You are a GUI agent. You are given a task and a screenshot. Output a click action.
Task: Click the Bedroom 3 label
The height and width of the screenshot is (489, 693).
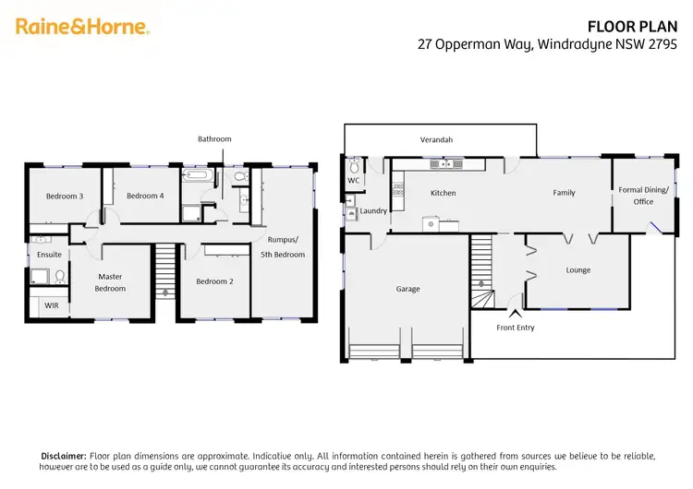(65, 196)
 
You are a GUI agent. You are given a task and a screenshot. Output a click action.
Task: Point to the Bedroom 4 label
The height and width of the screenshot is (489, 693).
(145, 196)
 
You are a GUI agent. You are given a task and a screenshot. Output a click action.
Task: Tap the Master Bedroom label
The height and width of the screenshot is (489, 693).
(109, 282)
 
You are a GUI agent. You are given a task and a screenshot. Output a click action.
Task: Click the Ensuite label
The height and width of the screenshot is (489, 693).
(50, 254)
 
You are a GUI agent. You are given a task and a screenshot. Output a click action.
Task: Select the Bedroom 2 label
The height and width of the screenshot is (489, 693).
(213, 281)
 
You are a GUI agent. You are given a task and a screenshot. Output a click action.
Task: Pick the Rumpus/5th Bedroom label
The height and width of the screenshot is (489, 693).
(280, 248)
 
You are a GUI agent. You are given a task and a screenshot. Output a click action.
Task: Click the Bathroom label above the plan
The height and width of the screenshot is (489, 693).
(214, 139)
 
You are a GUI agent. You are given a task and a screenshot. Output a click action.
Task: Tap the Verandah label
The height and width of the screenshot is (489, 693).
(436, 140)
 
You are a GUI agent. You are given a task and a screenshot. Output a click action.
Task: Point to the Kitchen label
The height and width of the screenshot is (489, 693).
(444, 193)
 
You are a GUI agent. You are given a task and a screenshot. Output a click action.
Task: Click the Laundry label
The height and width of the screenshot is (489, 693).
(373, 210)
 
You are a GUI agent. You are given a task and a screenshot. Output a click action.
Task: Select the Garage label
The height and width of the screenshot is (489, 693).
(407, 289)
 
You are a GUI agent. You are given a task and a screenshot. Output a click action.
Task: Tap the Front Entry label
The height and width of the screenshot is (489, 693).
(515, 328)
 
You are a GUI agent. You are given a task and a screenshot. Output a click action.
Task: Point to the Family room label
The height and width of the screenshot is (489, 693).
(564, 193)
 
